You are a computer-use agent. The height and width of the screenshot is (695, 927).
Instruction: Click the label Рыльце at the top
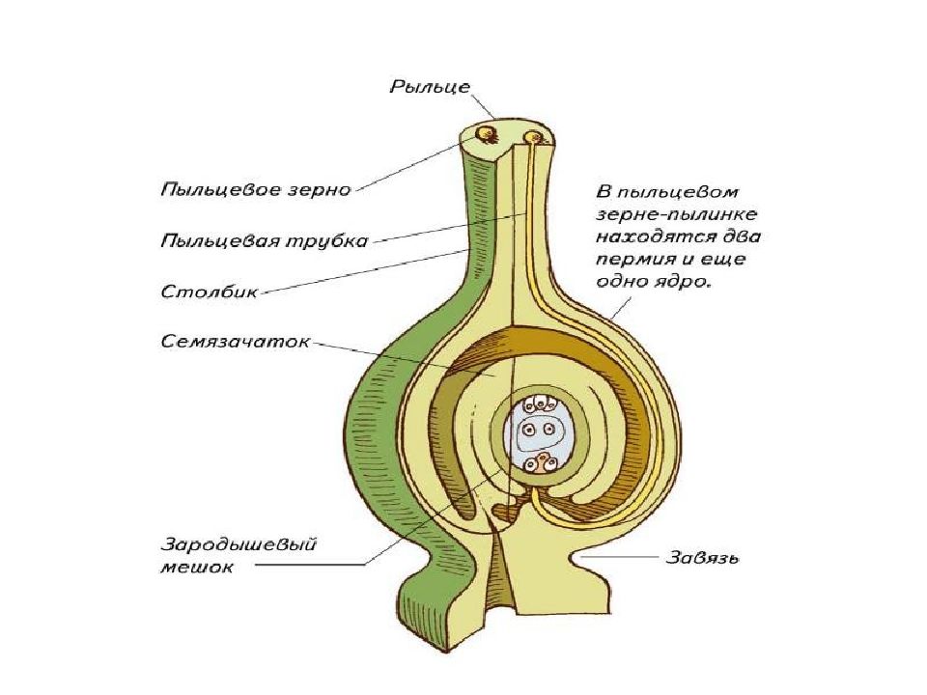pyautogui.click(x=430, y=87)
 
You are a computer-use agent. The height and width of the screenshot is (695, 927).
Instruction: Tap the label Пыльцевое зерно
pyautogui.click(x=255, y=190)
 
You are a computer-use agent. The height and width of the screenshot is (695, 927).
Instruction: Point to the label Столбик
pyautogui.click(x=209, y=290)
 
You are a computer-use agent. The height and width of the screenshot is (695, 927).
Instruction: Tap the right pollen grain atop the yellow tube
pyautogui.click(x=529, y=138)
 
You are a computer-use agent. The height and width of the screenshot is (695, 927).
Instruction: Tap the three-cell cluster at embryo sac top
pyautogui.click(x=537, y=402)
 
